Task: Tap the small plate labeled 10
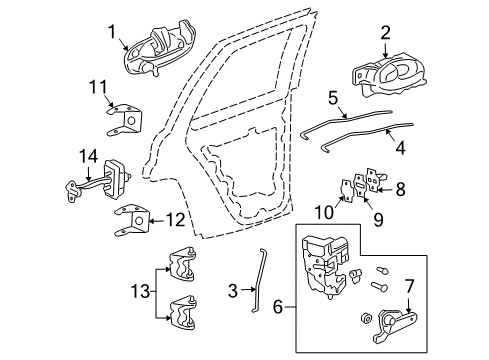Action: pyautogui.click(x=345, y=189)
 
